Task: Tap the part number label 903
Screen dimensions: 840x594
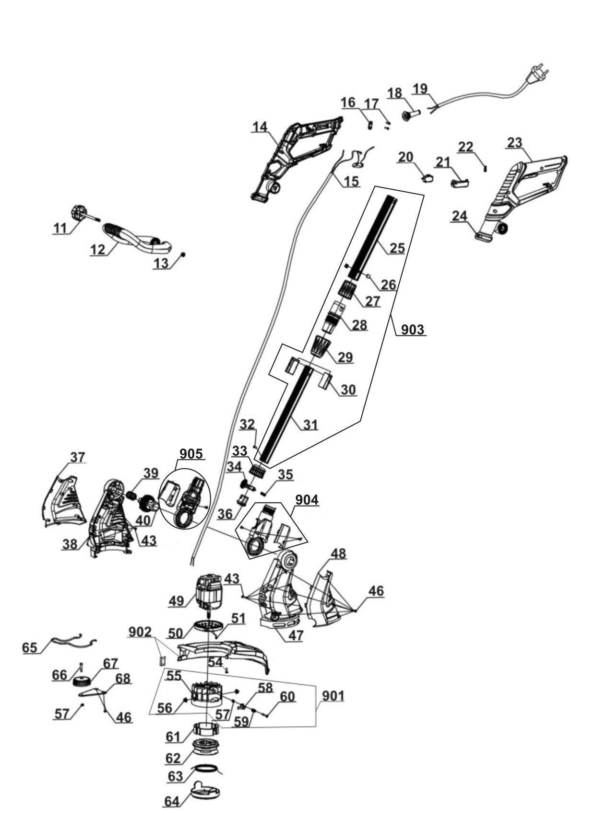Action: [x=412, y=330]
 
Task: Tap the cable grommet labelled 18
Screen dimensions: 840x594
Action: [x=412, y=115]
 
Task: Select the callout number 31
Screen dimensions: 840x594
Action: [x=310, y=425]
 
